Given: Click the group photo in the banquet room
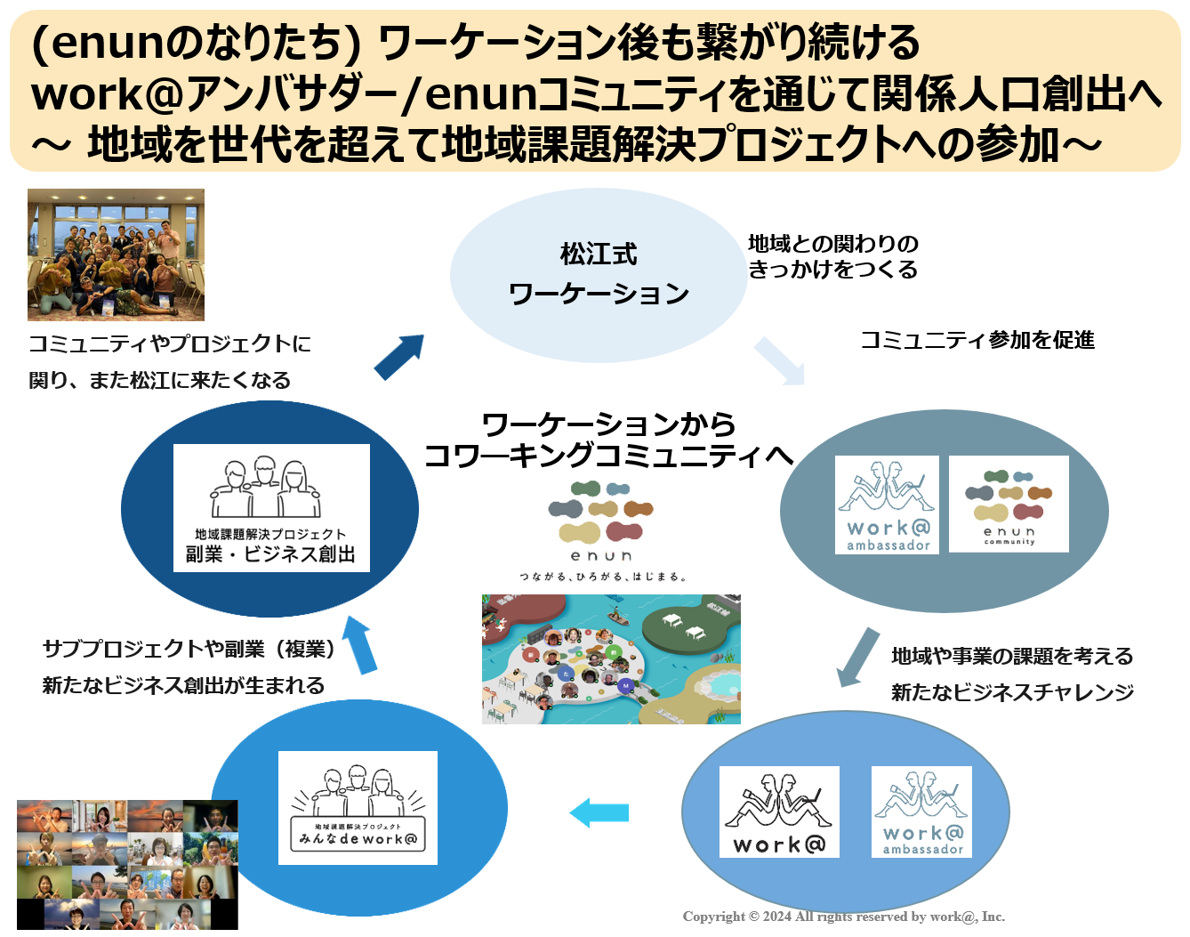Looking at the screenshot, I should tap(116, 254).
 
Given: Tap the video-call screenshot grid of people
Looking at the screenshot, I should tap(127, 864).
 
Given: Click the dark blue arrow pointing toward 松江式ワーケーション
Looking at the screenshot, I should tap(398, 356).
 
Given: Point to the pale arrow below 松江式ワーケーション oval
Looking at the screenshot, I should tap(779, 360).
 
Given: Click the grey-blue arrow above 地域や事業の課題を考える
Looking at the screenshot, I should tap(858, 657).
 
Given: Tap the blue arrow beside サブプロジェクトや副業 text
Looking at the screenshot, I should tap(360, 644).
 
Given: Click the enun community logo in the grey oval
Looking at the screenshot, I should tap(1009, 504).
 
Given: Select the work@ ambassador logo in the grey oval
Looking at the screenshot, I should tap(887, 505).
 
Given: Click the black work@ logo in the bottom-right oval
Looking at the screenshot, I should tap(779, 812).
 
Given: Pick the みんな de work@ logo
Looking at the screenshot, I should tap(358, 808).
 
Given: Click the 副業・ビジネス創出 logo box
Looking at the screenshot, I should tap(271, 507).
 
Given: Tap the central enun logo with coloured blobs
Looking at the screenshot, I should tap(602, 530).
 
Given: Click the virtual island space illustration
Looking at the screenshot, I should tap(611, 659).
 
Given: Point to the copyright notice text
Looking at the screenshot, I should tap(843, 917).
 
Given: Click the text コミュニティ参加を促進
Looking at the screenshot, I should tap(977, 340).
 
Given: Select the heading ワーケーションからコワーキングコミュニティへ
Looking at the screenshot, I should tap(608, 440).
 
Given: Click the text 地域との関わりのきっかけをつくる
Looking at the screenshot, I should tap(832, 256).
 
